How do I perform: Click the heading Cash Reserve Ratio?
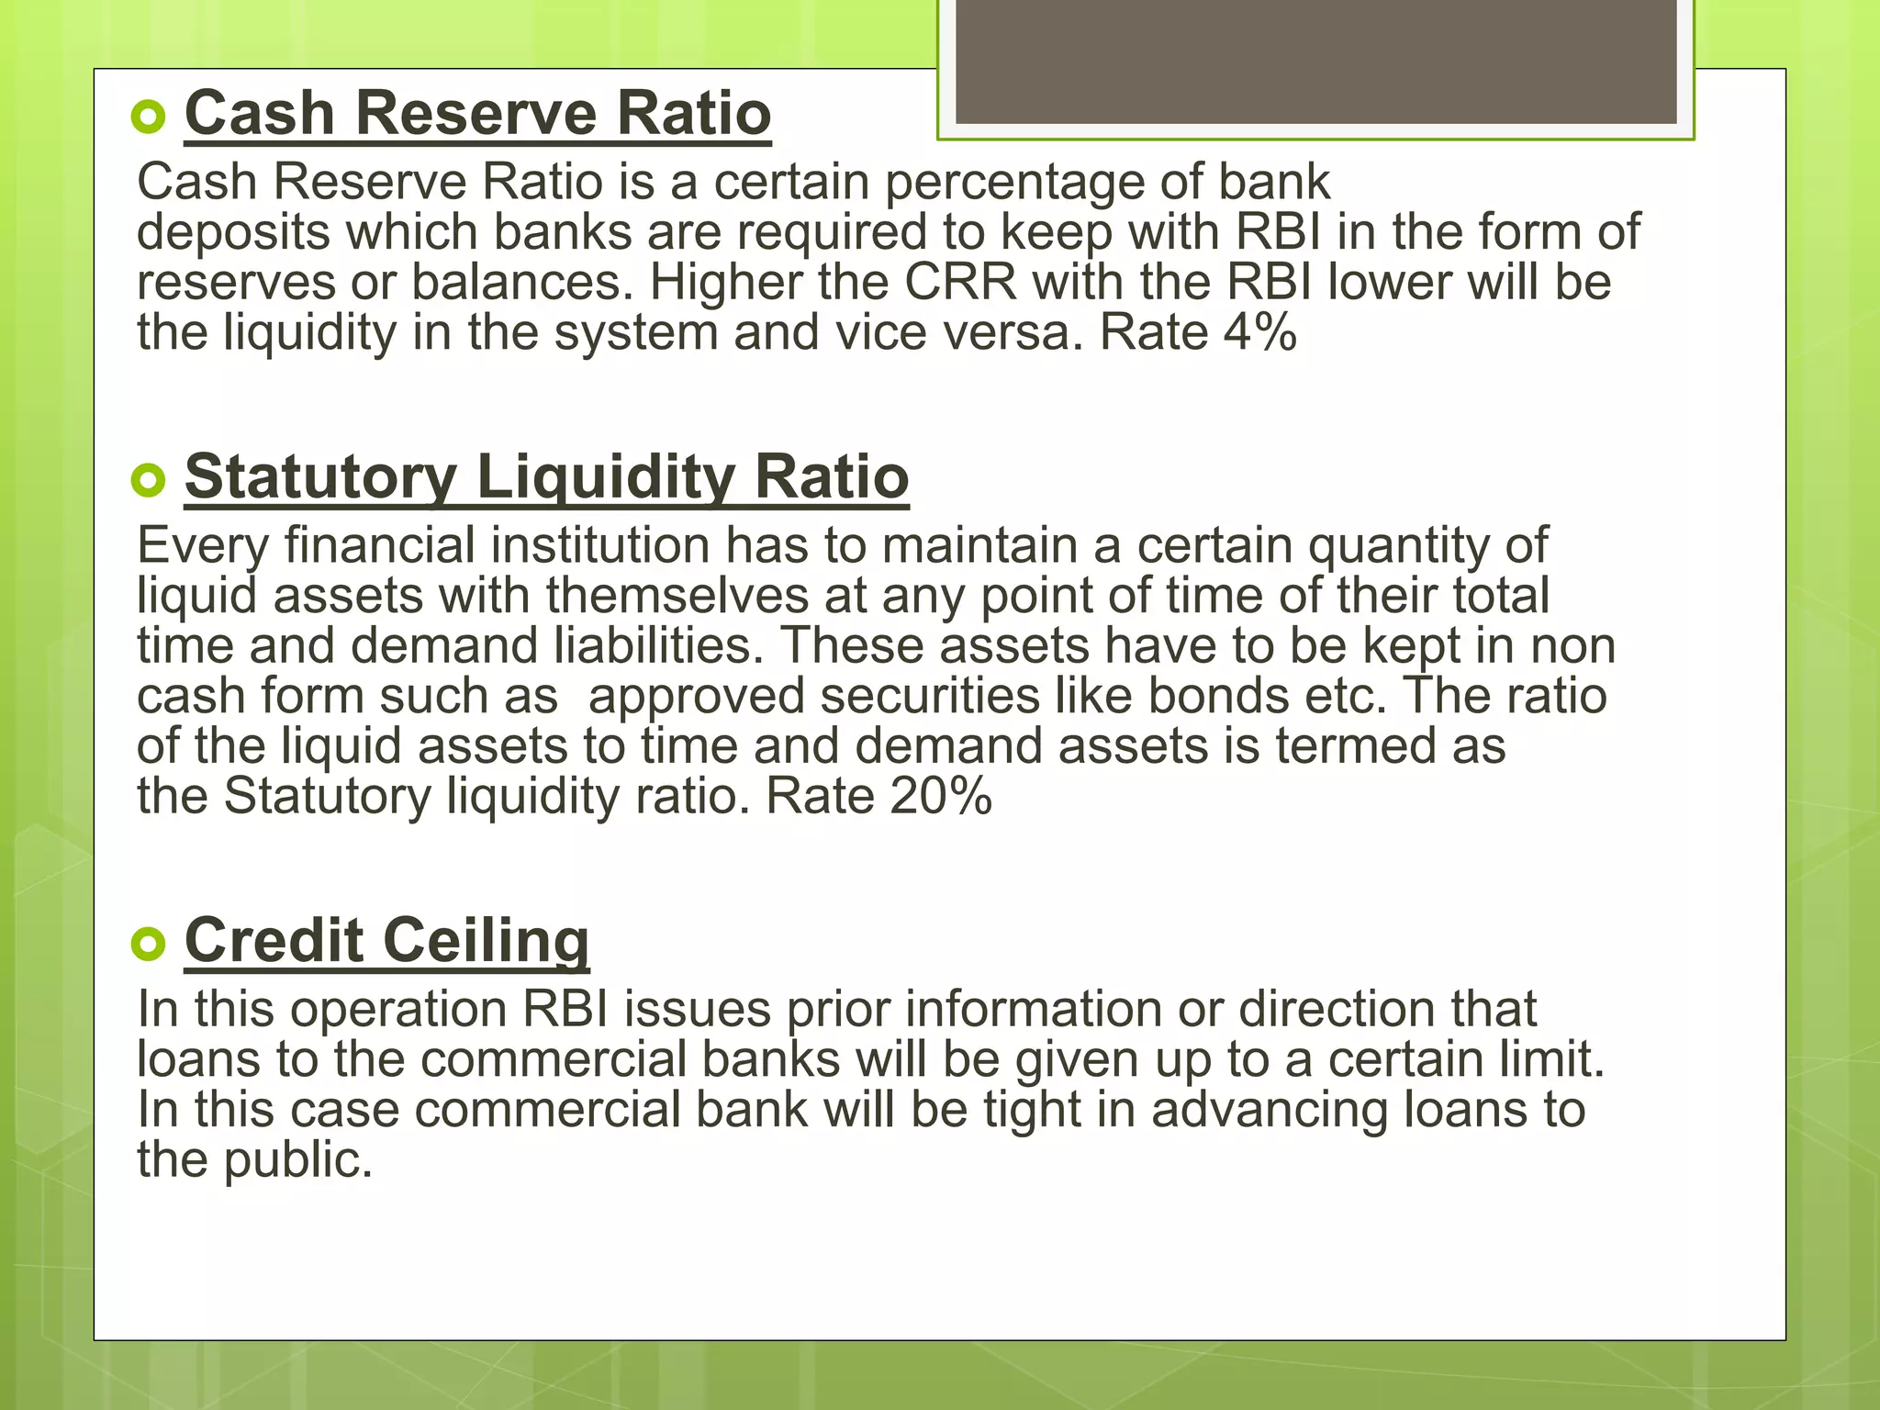click(477, 114)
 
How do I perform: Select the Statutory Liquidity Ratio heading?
click(546, 477)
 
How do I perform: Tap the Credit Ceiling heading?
click(386, 941)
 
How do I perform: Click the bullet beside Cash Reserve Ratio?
click(148, 117)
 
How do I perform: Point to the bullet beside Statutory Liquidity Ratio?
click(148, 480)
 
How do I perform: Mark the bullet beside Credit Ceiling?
click(148, 944)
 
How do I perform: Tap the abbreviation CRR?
click(960, 282)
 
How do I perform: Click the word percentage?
click(1014, 183)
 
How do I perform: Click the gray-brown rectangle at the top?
click(1315, 61)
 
